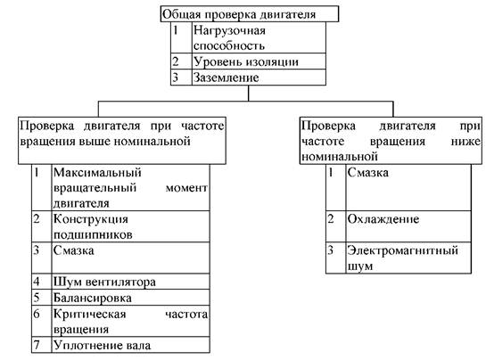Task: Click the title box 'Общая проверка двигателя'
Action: (x=250, y=14)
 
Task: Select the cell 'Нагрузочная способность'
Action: (x=259, y=37)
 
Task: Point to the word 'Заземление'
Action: (x=226, y=78)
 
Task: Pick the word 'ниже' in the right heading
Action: (x=465, y=142)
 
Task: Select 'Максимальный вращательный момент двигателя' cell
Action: (x=130, y=188)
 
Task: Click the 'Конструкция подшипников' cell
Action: (x=130, y=226)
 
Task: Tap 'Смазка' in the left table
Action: (x=74, y=250)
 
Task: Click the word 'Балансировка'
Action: (x=93, y=298)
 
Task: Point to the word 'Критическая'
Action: (x=89, y=314)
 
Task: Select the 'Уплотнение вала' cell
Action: (x=130, y=345)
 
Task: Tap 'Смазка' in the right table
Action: (x=368, y=173)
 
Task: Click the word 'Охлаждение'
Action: (x=383, y=219)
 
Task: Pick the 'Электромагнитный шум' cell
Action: (x=408, y=258)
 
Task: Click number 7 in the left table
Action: (x=37, y=345)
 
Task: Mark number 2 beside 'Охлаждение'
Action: (x=331, y=219)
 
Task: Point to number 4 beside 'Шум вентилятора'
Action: (x=37, y=282)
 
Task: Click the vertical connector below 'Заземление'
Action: (x=249, y=94)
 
